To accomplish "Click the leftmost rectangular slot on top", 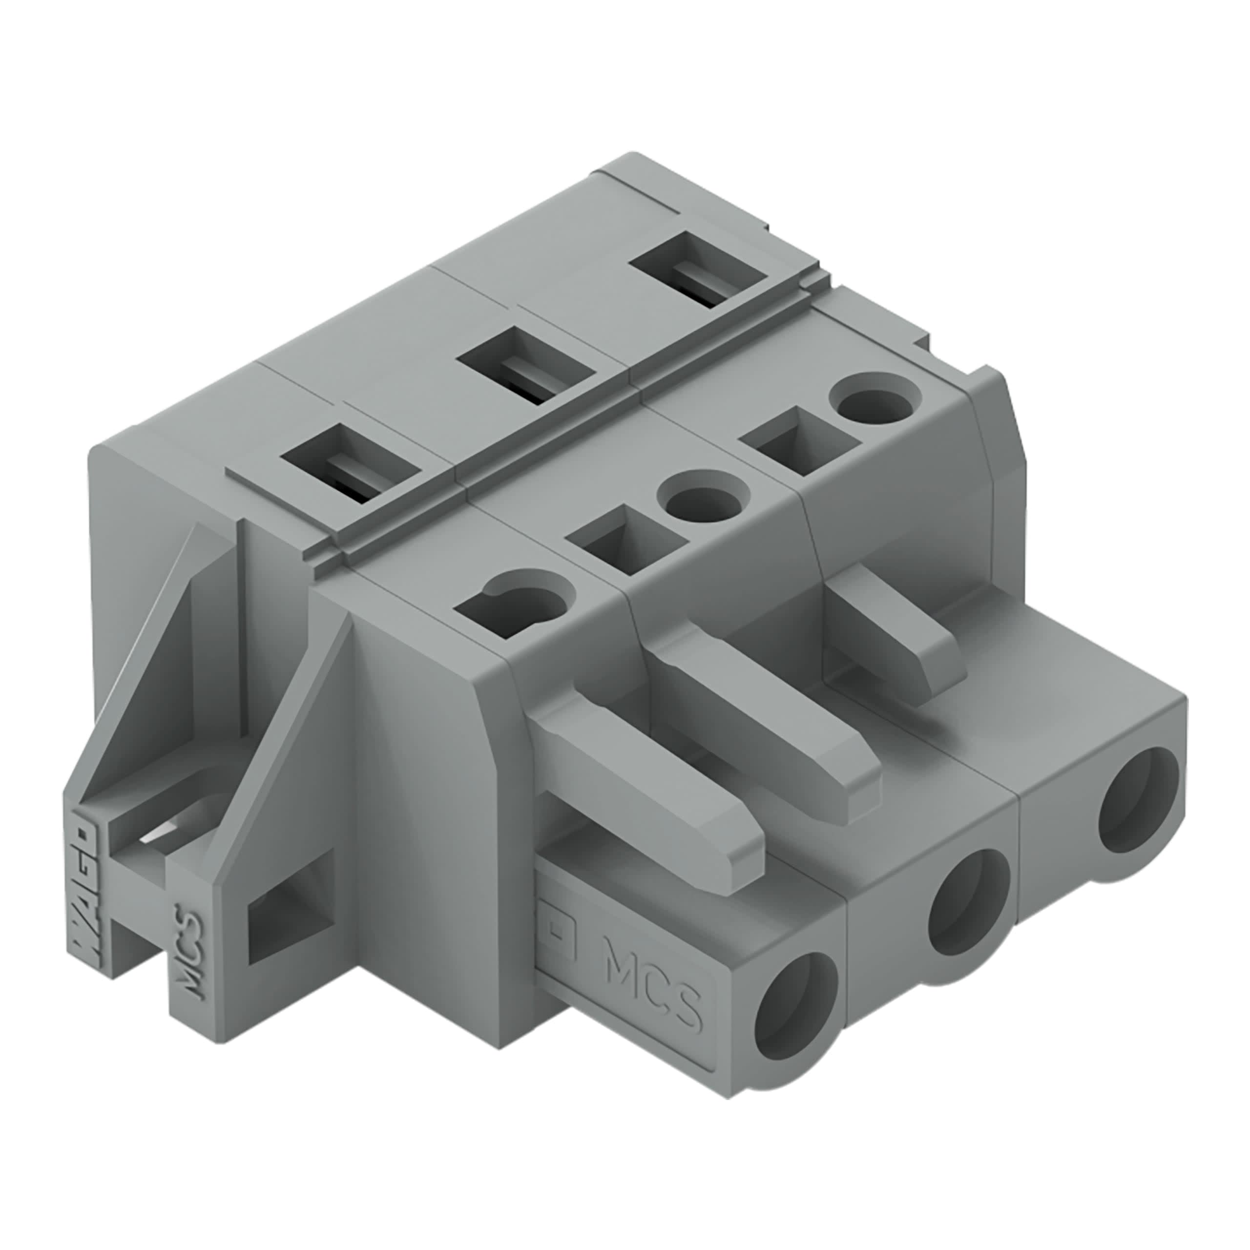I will click(x=350, y=462).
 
